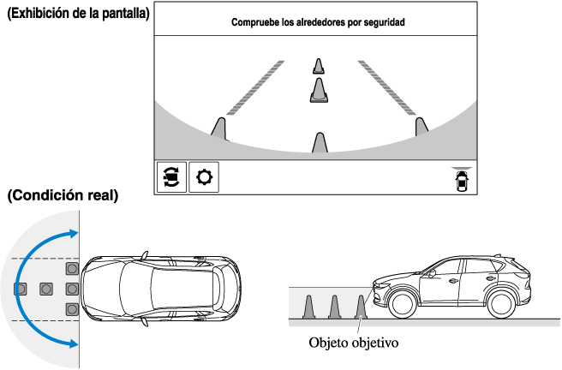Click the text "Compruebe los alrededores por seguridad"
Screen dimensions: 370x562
point(318,23)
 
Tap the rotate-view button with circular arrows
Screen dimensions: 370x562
point(170,178)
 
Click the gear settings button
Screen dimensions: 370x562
point(204,178)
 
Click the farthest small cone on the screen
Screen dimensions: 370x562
point(319,66)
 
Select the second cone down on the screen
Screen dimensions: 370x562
point(319,90)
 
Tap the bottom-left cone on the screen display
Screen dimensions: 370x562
point(220,128)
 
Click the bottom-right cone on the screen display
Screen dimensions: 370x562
point(421,128)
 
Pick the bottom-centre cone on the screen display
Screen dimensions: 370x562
point(320,142)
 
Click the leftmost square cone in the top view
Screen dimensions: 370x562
point(20,288)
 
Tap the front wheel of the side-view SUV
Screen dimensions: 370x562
point(400,301)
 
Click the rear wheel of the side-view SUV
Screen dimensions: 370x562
point(503,301)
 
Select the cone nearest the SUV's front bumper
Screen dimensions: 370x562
point(361,307)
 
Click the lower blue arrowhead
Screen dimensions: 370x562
point(75,343)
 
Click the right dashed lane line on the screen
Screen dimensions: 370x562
point(385,87)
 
